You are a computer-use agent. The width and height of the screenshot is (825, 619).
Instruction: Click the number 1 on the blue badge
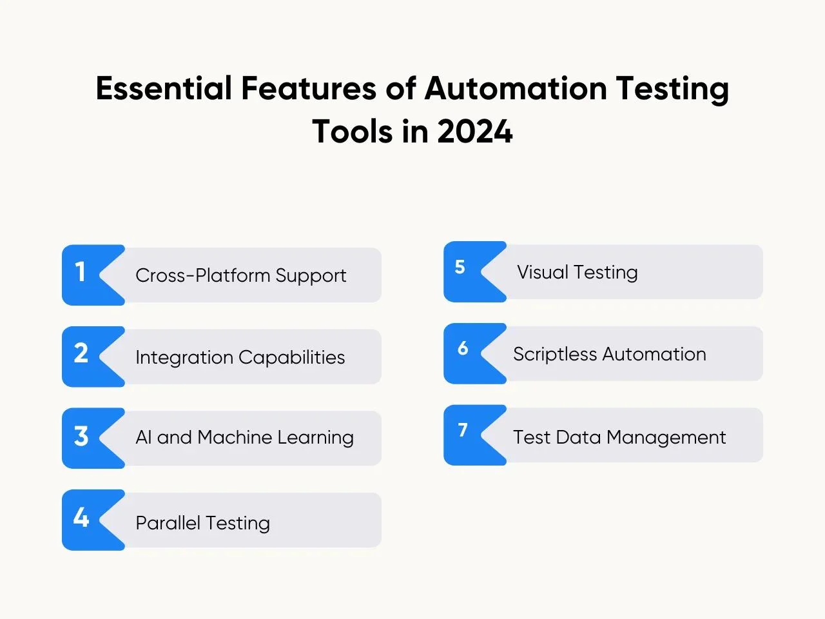point(80,271)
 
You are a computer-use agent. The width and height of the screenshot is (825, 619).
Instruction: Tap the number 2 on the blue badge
point(81,353)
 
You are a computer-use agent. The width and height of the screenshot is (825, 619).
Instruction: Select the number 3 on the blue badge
point(81,436)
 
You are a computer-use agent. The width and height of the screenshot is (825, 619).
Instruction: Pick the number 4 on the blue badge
point(81,517)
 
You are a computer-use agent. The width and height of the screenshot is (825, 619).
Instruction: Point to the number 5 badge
point(475,271)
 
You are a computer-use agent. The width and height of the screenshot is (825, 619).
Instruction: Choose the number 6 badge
point(475,353)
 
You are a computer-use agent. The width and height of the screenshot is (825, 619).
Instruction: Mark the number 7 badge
point(475,435)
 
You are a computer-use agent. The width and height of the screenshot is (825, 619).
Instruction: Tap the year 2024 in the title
point(475,131)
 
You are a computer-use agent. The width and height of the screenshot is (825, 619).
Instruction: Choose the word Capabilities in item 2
point(291,357)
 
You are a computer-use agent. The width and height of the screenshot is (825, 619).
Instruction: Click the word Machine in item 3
point(235,437)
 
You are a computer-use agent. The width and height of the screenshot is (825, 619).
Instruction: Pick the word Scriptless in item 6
point(555,355)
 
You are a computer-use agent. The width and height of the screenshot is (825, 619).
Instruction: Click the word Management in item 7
point(666,438)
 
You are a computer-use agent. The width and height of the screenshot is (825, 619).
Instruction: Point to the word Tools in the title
point(352,131)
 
